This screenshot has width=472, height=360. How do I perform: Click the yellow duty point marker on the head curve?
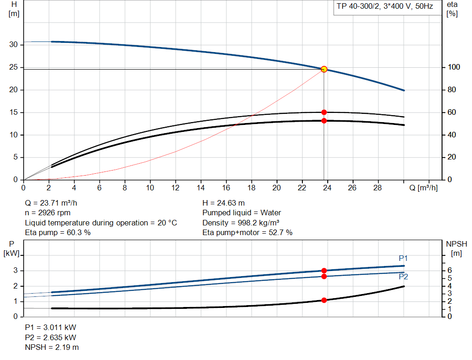tap(324, 69)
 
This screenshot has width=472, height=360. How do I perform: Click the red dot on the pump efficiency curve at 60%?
tap(324, 112)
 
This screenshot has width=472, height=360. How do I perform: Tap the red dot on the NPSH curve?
tap(324, 300)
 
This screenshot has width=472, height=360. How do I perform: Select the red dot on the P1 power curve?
tap(324, 271)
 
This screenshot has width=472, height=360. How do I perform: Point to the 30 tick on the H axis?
tap(14, 45)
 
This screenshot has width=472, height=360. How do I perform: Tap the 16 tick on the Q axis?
tap(226, 188)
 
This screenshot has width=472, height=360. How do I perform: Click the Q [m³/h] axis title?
tap(423, 188)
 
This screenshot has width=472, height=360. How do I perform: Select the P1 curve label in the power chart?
tap(403, 258)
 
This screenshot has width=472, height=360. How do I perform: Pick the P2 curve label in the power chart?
tap(403, 277)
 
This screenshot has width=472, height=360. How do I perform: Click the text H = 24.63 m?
tap(224, 203)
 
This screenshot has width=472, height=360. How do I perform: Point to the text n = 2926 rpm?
tap(48, 213)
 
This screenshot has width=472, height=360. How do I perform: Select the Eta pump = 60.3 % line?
tap(58, 233)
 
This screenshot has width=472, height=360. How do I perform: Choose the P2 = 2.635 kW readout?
tap(50, 337)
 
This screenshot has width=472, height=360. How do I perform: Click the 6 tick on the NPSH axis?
tap(449, 271)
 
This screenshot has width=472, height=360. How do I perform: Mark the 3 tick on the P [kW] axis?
tap(16, 271)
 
